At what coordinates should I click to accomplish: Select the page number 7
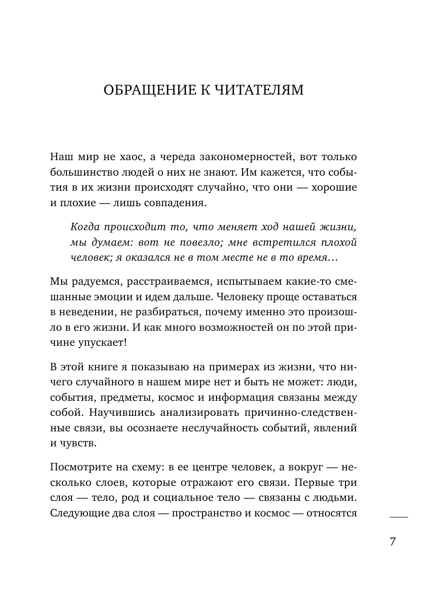(x=392, y=542)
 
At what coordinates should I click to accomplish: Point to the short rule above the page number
(x=398, y=516)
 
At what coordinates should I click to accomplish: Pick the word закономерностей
(x=233, y=157)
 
